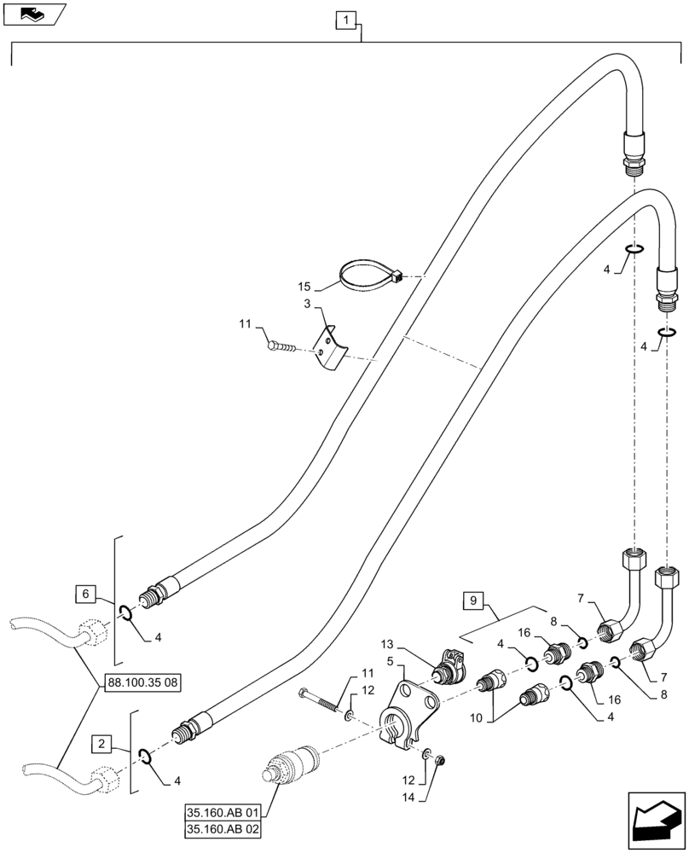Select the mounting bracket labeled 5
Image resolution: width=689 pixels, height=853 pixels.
tap(408, 710)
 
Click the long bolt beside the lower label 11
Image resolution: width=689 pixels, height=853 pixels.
tap(322, 699)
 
